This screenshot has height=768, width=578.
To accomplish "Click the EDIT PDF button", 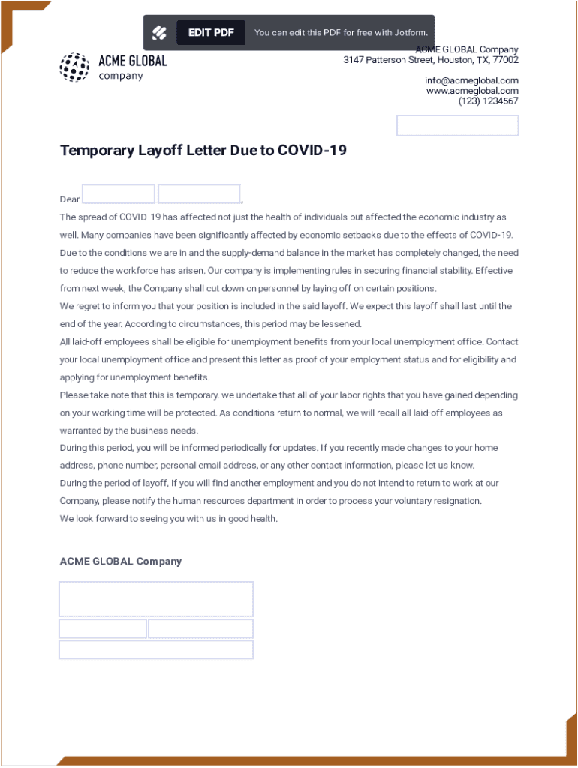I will click(211, 32).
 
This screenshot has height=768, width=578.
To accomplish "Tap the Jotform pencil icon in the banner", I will click(159, 32).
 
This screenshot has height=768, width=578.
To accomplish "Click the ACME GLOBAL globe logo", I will click(74, 67).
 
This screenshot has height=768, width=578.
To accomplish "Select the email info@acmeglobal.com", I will click(471, 80).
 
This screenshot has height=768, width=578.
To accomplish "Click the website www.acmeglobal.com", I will click(472, 91).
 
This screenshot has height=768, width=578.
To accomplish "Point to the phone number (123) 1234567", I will click(488, 100).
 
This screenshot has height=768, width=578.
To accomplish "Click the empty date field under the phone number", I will click(457, 125).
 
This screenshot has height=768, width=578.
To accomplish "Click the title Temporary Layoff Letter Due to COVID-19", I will click(203, 150).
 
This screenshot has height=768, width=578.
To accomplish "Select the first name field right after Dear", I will click(119, 194).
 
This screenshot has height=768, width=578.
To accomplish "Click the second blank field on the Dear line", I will click(199, 194).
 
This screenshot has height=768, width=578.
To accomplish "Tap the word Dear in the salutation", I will click(70, 199).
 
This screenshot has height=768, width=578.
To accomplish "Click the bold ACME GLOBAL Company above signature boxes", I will click(121, 561).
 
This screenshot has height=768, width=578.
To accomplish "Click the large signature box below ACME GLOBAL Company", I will click(156, 599).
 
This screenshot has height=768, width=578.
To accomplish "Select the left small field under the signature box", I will click(103, 628).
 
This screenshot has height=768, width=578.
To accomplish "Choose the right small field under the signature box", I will click(200, 628).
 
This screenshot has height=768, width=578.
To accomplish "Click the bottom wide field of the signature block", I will click(156, 649).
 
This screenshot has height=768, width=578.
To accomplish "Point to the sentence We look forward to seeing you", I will click(169, 518).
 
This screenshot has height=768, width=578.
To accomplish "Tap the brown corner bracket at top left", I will click(15, 15).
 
